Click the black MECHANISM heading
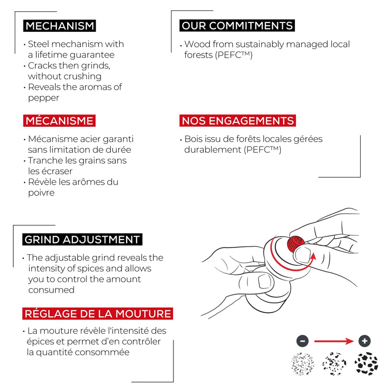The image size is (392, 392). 59,26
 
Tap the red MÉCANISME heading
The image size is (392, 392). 59,121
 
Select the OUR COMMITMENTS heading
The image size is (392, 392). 237,25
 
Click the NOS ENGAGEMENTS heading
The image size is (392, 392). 238,121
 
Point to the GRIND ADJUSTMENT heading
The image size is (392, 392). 82,240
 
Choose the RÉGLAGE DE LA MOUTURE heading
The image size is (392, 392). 98,314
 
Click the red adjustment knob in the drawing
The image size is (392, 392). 295,244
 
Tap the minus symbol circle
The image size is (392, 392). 302,341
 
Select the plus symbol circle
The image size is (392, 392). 365,341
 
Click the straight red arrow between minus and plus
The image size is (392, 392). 334,341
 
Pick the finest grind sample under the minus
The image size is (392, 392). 303,364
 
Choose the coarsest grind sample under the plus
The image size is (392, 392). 366,364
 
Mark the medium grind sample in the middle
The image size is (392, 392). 334,364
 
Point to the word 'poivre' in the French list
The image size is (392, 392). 41,193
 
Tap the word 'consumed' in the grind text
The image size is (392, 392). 51,290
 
